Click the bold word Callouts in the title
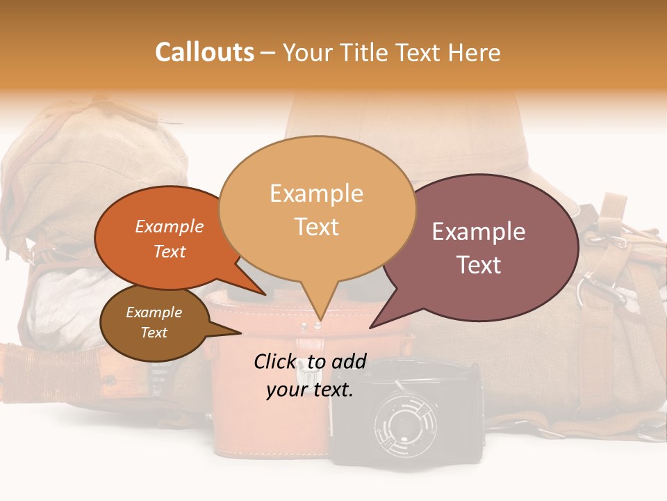click(204, 52)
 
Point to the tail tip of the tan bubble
click(318, 321)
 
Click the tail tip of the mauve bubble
click(371, 326)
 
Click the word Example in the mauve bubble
click(479, 232)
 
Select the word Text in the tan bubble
click(317, 227)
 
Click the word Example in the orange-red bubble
click(170, 227)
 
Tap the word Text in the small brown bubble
click(154, 333)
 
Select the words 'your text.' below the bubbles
click(310, 390)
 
